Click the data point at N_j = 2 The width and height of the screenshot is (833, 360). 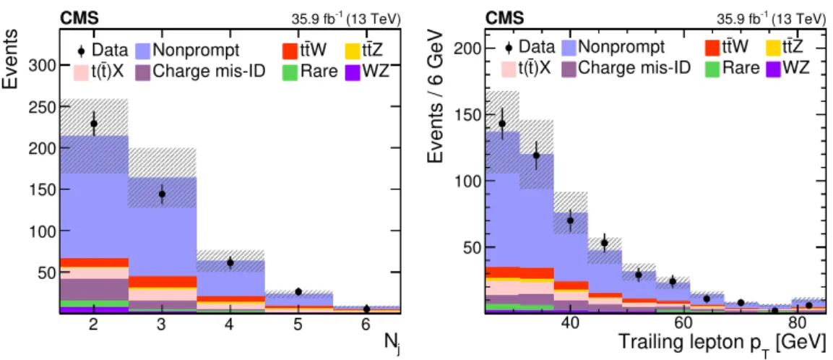94,124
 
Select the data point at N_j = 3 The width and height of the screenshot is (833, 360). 162,194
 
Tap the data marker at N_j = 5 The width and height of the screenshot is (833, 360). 298,291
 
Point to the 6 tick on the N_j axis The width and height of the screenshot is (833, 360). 366,325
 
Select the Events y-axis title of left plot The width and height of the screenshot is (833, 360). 12,59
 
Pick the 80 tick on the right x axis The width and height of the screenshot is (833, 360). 797,325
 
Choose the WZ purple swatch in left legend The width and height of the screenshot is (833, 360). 350,72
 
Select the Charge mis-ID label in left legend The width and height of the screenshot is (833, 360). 210,72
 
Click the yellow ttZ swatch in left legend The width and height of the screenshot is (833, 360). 350,51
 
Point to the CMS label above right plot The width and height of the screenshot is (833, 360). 504,19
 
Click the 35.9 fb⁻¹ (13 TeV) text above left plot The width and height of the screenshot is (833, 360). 343,19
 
